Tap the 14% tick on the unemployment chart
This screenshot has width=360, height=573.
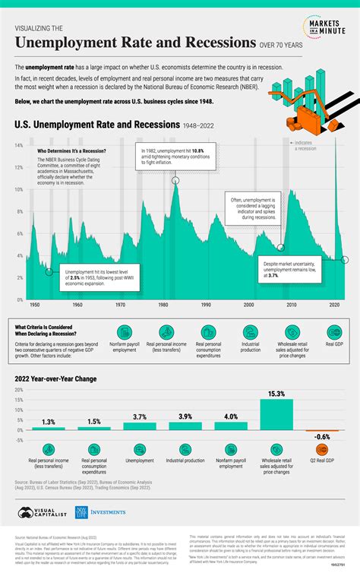[17, 144]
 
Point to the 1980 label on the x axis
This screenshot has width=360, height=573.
[163, 305]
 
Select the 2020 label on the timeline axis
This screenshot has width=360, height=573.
[335, 305]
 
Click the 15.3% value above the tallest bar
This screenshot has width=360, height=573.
[276, 394]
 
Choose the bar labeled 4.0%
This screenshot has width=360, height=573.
[231, 426]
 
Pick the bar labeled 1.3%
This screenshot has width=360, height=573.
[49, 429]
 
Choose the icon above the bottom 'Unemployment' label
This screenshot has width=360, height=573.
[141, 450]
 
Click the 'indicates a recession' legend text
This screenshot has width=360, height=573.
[328, 145]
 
